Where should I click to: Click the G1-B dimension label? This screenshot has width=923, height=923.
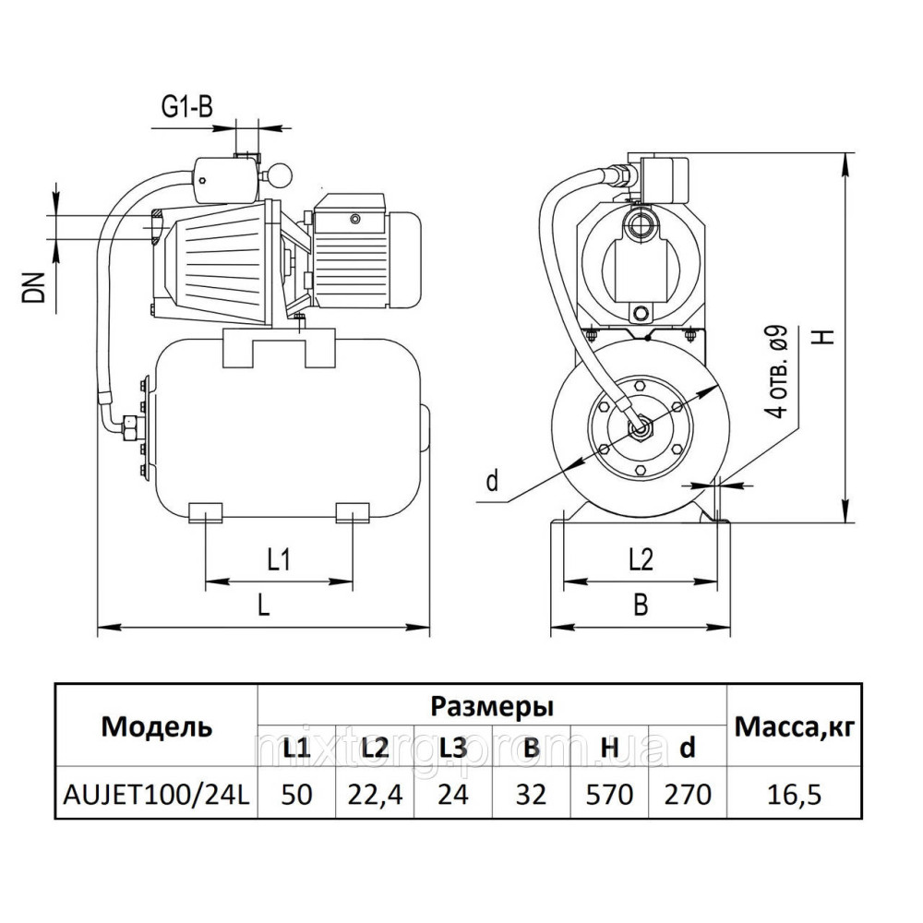coord(187,108)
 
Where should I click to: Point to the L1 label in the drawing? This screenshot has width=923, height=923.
coord(280,559)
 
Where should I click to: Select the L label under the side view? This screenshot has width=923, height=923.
coord(264,605)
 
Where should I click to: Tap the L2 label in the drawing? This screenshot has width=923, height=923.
coord(641,559)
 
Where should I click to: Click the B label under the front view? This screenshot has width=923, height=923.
coord(641,605)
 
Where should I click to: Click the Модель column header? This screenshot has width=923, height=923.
coord(156,726)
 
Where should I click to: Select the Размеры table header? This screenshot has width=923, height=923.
coord(493,707)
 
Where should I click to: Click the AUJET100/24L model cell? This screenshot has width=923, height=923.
coord(156,794)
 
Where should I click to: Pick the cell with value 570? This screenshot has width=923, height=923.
coord(609,794)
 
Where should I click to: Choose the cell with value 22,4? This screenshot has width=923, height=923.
coord(375,794)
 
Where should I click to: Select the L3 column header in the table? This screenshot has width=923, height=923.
coord(453,749)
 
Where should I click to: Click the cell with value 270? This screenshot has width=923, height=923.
coord(687,794)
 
